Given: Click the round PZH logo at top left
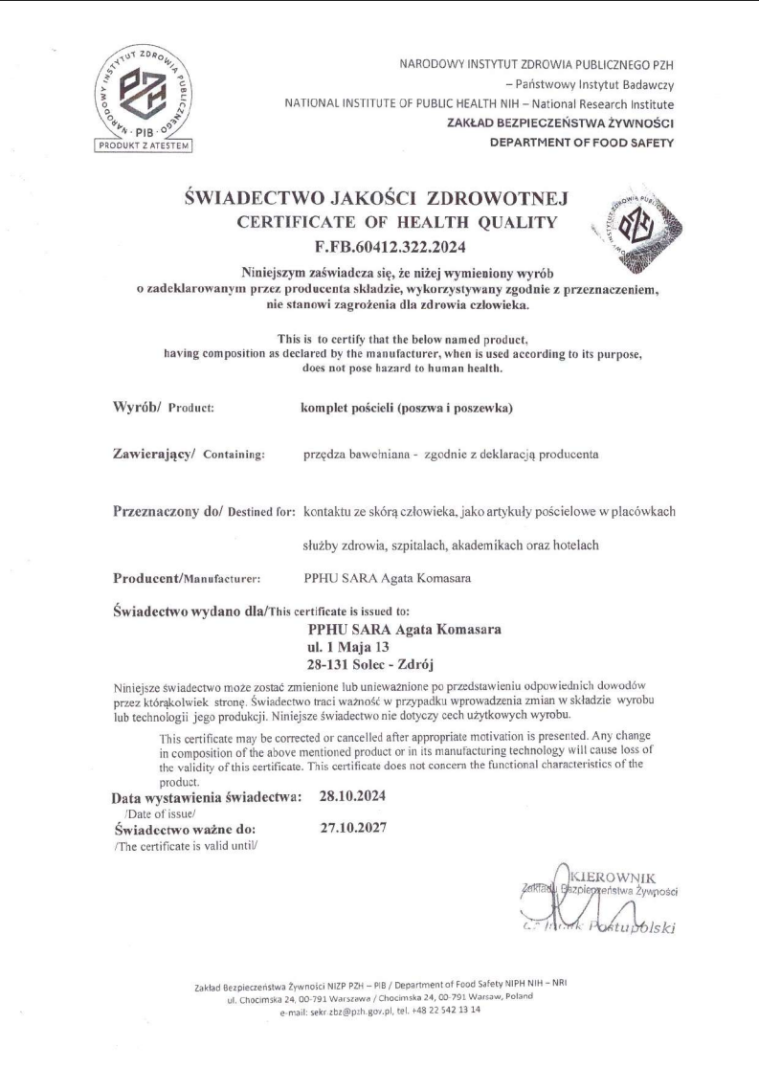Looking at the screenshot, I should pos(145,91).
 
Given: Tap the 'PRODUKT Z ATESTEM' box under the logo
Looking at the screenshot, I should pos(145,146).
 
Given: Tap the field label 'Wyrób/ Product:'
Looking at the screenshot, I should pos(163,406).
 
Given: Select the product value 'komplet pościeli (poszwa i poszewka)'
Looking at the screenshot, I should pos(408,406).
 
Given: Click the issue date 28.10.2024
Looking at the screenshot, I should pos(351,796).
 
